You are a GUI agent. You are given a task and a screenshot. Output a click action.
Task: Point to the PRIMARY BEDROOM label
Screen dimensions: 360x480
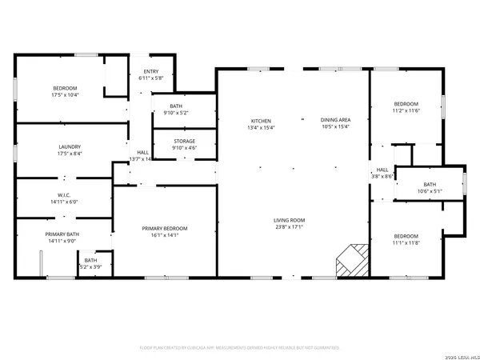(164, 228)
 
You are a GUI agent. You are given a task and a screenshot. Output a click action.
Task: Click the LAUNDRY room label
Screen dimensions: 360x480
(69, 146)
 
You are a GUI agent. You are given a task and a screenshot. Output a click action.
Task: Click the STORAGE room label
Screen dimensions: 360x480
(185, 142)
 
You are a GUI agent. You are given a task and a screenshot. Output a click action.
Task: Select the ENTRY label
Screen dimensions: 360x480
(151, 72)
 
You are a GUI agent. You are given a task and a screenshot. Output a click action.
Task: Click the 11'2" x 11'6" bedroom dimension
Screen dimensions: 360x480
(406, 110)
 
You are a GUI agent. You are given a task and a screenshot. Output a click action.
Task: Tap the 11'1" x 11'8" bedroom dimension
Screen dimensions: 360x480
(406, 242)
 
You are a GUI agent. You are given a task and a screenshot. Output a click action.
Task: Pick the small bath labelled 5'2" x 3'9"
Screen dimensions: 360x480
(90, 265)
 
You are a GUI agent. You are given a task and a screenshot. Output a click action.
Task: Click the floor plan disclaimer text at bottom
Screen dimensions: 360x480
(240, 348)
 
